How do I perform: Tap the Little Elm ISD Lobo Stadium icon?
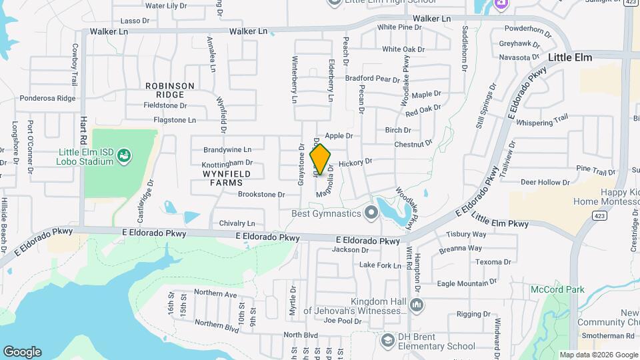pyautogui.click(x=123, y=157)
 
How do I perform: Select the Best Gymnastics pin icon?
pyautogui.click(x=371, y=213)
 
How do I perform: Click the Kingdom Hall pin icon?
pyautogui.click(x=417, y=305)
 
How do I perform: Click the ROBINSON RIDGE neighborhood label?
pyautogui.click(x=170, y=90)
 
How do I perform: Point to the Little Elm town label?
pyautogui.click(x=570, y=57)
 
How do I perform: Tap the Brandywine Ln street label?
pyautogui.click(x=227, y=150)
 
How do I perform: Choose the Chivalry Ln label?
pyautogui.click(x=233, y=223)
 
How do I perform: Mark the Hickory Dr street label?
pyautogui.click(x=355, y=162)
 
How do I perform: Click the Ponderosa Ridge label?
pyautogui.click(x=48, y=98)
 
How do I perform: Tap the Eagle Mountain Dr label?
pyautogui.click(x=463, y=284)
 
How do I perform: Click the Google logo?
pyautogui.click(x=22, y=352)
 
